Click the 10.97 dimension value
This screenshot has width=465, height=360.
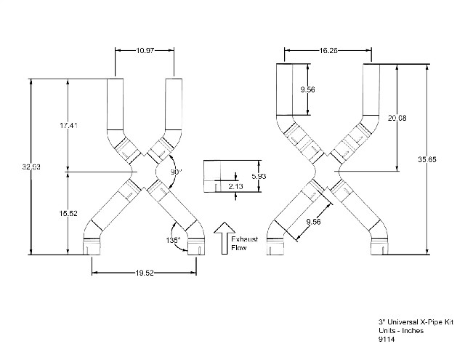pyautogui.click(x=145, y=50)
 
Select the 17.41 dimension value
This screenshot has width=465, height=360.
pyautogui.click(x=68, y=126)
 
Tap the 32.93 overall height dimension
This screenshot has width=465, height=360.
pyautogui.click(x=31, y=167)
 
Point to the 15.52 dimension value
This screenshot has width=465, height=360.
pyautogui.click(x=68, y=213)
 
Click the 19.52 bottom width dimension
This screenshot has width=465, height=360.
pyautogui.click(x=145, y=273)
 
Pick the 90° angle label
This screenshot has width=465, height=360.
pyautogui.click(x=176, y=172)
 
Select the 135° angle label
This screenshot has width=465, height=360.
pyautogui.click(x=173, y=240)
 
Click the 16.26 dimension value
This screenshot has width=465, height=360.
pyautogui.click(x=328, y=50)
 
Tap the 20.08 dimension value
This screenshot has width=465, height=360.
pyautogui.click(x=397, y=118)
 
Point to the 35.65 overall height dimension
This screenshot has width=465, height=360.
pyautogui.click(x=427, y=159)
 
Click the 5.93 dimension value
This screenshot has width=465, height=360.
pyautogui.click(x=259, y=176)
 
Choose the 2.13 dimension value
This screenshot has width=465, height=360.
pyautogui.click(x=235, y=186)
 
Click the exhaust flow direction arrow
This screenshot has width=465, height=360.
pyautogui.click(x=225, y=238)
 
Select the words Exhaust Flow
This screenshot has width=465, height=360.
pyautogui.click(x=244, y=244)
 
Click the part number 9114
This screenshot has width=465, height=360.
pyautogui.click(x=387, y=339)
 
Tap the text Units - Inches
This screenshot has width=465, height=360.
pyautogui.click(x=401, y=331)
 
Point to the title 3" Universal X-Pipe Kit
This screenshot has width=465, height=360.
pyautogui.click(x=416, y=322)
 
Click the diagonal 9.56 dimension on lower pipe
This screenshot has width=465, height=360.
pyautogui.click(x=313, y=222)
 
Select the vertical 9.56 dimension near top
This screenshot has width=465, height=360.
pyautogui.click(x=307, y=89)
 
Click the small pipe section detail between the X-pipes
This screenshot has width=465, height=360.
pyautogui.click(x=219, y=176)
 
